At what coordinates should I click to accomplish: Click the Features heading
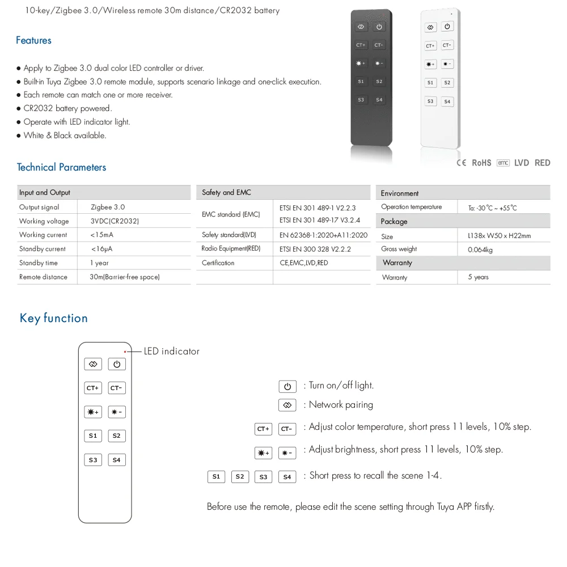(33, 40)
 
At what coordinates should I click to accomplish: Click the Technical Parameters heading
(61, 167)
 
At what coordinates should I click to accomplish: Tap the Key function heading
(54, 318)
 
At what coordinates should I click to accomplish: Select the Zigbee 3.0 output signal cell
(108, 208)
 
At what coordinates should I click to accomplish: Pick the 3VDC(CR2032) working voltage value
(115, 221)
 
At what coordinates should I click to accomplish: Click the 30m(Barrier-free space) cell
(125, 277)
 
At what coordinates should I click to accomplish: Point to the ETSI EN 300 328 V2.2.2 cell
(315, 249)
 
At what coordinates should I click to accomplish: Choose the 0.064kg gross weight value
(480, 249)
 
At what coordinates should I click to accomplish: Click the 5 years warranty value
(478, 277)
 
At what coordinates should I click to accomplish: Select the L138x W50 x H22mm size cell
(499, 236)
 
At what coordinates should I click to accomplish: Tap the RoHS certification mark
(481, 163)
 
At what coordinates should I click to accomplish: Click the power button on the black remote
(379, 27)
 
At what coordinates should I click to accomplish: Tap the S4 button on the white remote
(447, 101)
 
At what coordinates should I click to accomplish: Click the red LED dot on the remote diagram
(125, 352)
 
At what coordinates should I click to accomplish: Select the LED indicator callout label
(171, 352)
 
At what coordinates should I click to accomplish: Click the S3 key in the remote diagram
(93, 460)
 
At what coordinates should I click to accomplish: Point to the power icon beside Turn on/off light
(287, 387)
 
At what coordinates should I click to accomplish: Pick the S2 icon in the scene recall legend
(240, 477)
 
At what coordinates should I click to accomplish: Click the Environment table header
(400, 193)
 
